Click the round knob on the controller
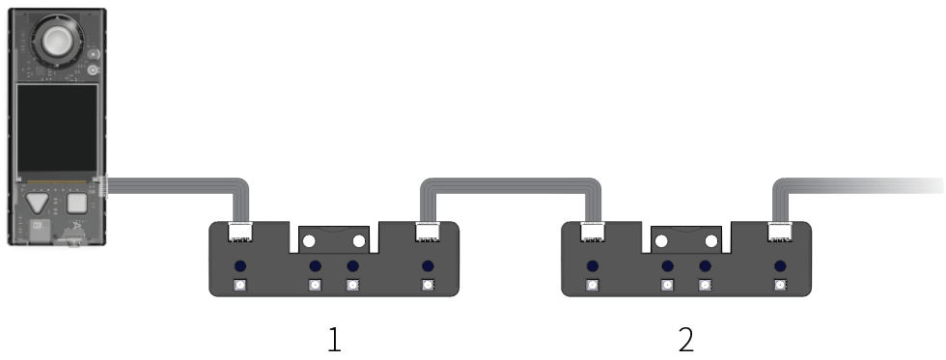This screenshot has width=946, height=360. point(57,41)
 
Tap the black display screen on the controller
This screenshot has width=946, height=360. point(57,128)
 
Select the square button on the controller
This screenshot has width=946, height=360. point(77,204)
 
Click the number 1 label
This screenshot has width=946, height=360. point(334,340)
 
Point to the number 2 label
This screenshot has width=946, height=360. point(686,340)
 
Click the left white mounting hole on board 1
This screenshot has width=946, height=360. point(309,242)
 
